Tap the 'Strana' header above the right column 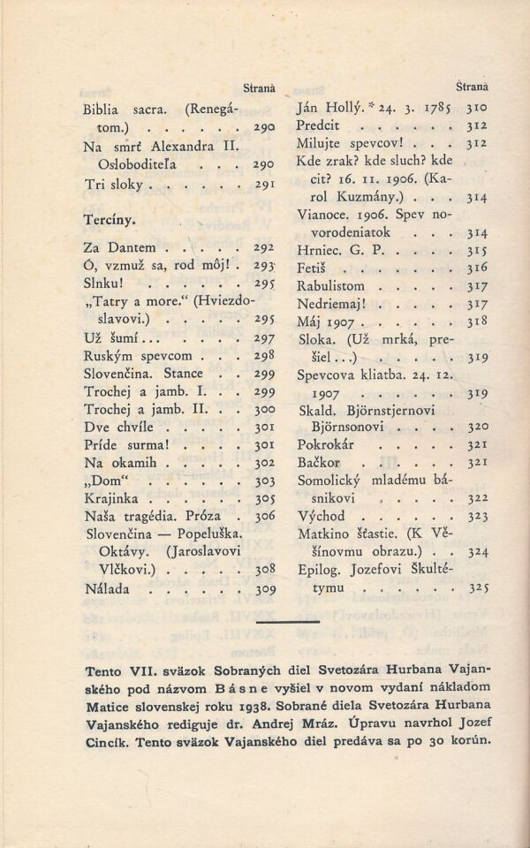(473, 87)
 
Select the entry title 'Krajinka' (112, 499)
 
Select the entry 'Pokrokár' (325, 445)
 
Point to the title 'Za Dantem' (119, 248)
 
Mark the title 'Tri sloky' (115, 185)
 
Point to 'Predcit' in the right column (323, 126)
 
